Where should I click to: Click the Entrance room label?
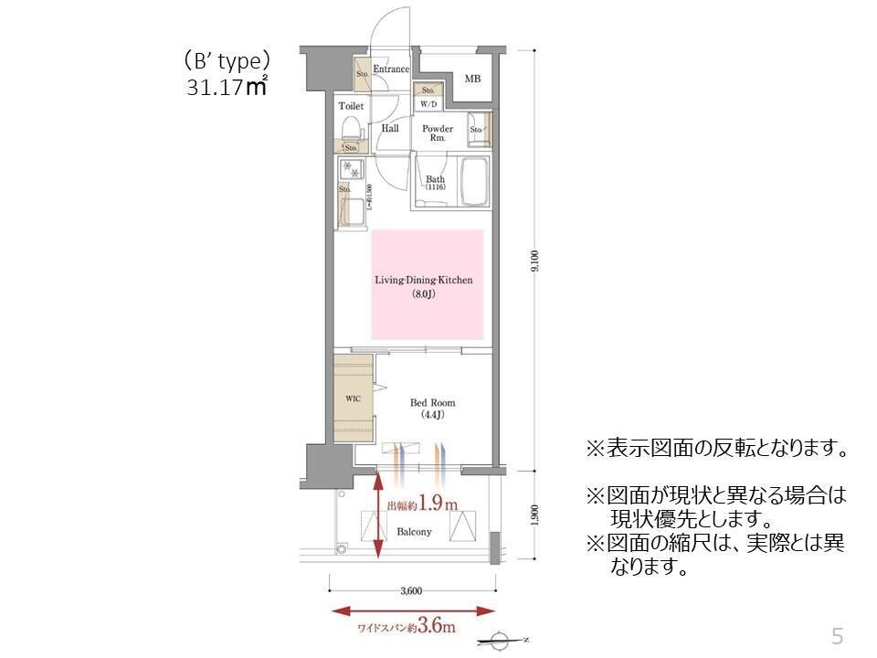click(391, 69)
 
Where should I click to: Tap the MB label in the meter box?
click(471, 80)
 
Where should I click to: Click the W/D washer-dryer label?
click(428, 104)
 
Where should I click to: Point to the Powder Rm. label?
click(438, 133)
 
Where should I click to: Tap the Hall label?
click(390, 129)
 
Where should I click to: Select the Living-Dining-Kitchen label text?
click(427, 281)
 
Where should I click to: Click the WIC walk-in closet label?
click(353, 399)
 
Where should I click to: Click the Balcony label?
click(416, 531)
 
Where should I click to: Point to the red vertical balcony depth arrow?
click(379, 517)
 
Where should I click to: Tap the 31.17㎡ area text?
click(226, 88)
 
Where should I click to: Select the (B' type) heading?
click(226, 61)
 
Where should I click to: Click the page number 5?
click(836, 634)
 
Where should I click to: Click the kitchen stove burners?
click(348, 169)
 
